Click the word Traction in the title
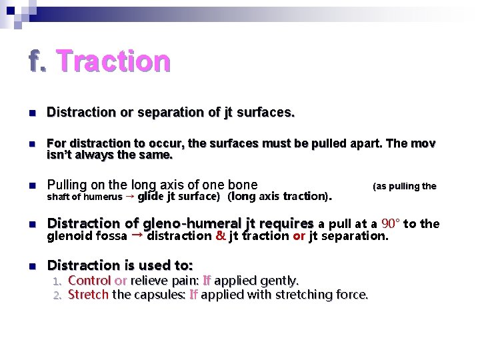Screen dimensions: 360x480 click(x=113, y=61)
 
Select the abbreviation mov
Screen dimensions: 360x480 click(x=423, y=143)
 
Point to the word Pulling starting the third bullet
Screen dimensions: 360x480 click(x=68, y=185)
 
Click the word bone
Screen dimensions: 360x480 click(x=243, y=185)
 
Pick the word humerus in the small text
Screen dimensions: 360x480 click(x=103, y=197)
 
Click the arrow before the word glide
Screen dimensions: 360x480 click(x=130, y=197)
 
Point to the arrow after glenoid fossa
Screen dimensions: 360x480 click(x=137, y=235)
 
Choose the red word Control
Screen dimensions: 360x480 click(x=89, y=281)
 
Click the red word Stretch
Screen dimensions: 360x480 click(x=88, y=294)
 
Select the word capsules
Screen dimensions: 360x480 click(x=161, y=294)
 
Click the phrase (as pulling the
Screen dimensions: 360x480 click(x=404, y=186)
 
